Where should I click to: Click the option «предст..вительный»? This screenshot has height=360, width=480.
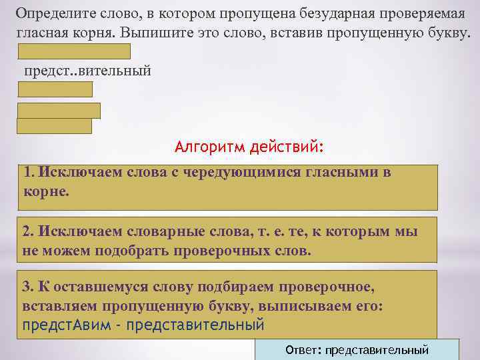coord(88,71)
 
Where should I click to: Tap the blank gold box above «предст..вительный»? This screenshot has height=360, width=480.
coord(74,51)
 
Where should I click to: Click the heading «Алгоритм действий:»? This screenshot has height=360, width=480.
coord(248,146)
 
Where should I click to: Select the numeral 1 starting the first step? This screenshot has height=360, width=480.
coord(26,173)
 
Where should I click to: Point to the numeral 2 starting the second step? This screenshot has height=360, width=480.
coord(26,231)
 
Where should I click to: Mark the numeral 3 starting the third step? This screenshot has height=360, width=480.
coord(26,287)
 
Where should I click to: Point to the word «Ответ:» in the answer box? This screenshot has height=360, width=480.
coord(304,350)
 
